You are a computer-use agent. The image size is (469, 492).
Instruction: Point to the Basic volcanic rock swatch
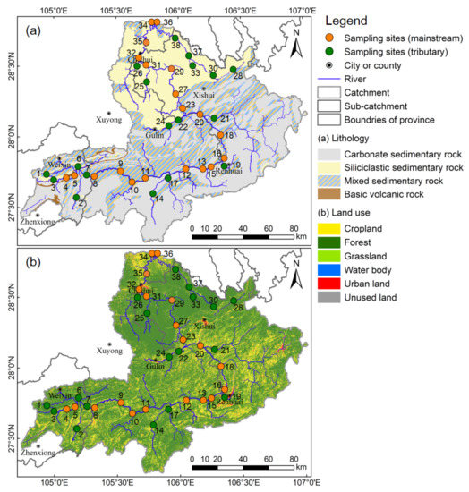click(x=330, y=193)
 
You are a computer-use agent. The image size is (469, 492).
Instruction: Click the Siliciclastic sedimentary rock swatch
click(x=330, y=165)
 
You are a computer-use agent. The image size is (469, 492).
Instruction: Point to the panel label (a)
click(x=33, y=28)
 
